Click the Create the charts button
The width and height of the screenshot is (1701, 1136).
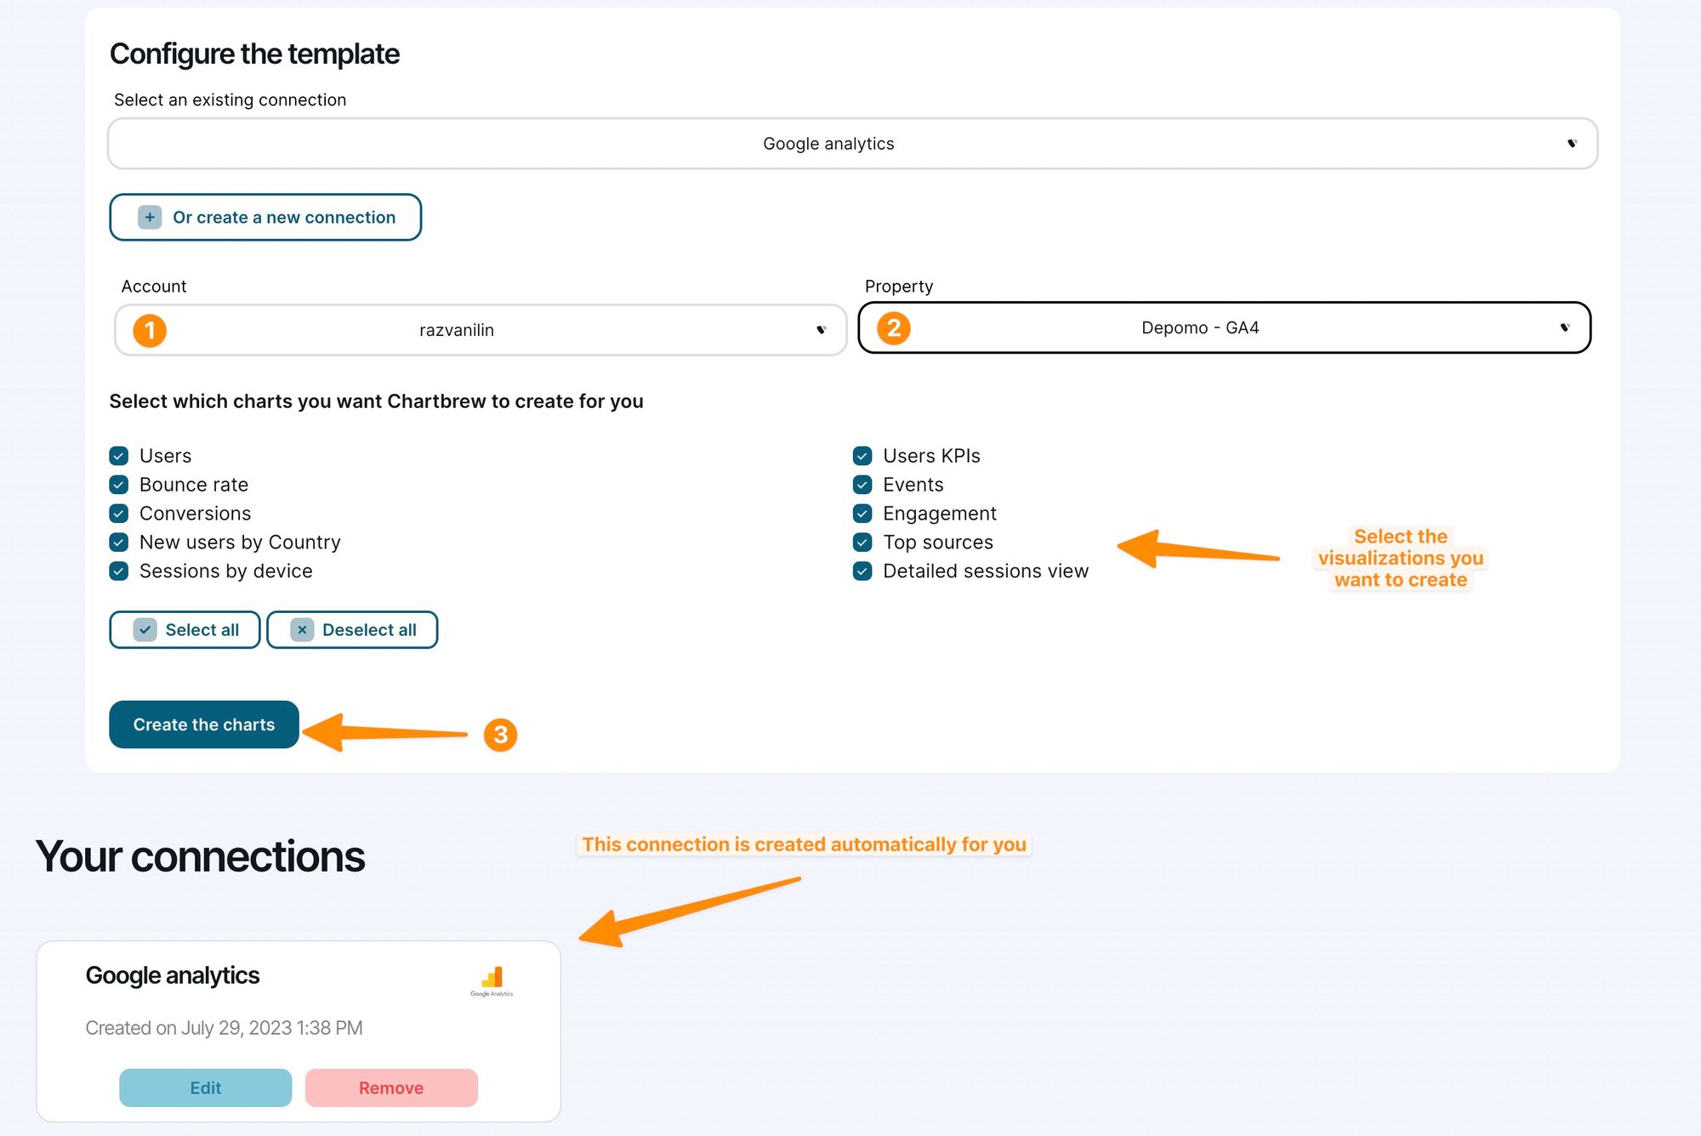[204, 724]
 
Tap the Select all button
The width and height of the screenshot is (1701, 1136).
[185, 630]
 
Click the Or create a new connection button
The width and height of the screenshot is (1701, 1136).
[265, 218]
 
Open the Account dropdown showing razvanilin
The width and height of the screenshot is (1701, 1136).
[481, 330]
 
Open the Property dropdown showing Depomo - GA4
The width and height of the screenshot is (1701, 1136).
[1224, 328]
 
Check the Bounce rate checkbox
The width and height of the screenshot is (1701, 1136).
[119, 485]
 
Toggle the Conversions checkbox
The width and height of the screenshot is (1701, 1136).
[119, 514]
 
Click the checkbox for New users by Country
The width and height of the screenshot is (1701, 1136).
[119, 542]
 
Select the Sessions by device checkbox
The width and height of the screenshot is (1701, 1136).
[119, 571]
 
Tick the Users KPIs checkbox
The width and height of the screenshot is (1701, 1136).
[862, 456]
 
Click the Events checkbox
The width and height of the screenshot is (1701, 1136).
[862, 485]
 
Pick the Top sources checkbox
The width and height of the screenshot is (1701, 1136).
[862, 542]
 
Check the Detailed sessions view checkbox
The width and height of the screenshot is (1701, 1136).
[862, 571]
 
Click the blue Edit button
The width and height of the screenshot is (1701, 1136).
[205, 1088]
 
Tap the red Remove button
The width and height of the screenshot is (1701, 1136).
[391, 1088]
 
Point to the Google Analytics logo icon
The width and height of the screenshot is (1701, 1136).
[492, 980]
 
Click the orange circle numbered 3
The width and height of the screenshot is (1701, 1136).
[500, 735]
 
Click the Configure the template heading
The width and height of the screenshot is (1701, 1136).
[254, 54]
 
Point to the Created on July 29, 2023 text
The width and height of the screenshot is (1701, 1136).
[224, 1028]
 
